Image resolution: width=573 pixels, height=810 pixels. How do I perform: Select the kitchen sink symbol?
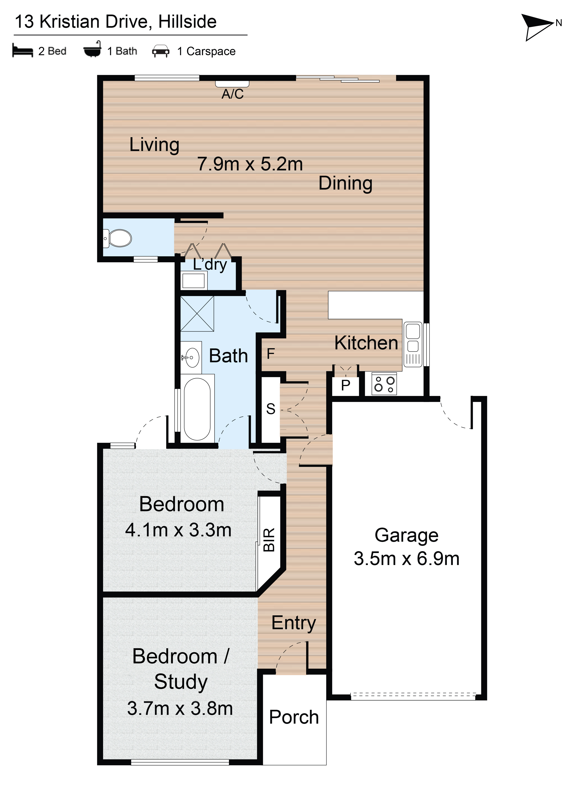click(412, 344)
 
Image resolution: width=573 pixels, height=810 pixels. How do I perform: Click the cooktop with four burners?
click(384, 384)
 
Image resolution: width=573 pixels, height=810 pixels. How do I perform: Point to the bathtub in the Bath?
click(197, 409)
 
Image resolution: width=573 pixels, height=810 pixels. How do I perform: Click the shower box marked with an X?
click(197, 314)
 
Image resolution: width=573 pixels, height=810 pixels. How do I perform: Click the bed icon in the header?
click(22, 50)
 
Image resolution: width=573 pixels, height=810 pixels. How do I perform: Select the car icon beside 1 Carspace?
click(161, 51)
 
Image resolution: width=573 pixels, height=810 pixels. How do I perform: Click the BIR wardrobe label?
click(269, 540)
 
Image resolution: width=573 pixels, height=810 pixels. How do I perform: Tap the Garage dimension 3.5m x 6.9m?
click(406, 559)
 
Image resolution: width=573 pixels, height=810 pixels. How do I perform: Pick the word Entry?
click(294, 623)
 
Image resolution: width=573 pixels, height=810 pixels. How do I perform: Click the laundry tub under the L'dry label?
click(193, 281)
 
